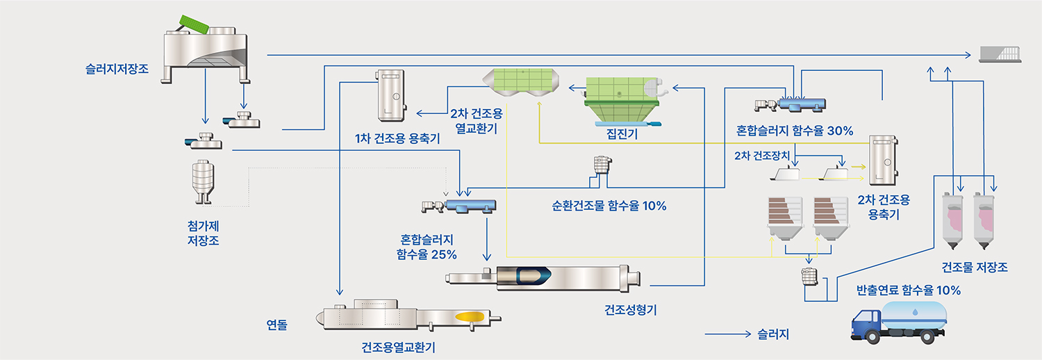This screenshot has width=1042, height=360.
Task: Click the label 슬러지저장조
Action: (x=117, y=69)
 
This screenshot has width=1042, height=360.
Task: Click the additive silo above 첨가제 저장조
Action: (x=201, y=181)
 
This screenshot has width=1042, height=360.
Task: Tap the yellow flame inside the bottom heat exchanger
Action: (x=470, y=316)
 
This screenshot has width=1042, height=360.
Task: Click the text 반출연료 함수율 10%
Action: (x=909, y=291)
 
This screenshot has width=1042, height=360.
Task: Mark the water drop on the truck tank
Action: (x=914, y=312)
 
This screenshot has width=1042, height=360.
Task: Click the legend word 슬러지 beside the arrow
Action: (x=774, y=334)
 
